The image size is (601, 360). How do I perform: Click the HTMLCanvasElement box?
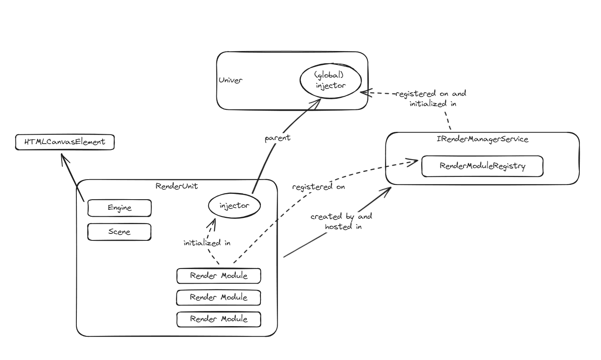[x=65, y=142]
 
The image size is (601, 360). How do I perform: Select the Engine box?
[x=119, y=208]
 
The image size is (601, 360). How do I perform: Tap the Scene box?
[x=119, y=232]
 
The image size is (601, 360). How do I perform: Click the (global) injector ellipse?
[x=330, y=80]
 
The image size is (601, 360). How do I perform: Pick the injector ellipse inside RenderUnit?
[x=234, y=206]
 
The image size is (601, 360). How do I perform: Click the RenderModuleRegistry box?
[x=482, y=166]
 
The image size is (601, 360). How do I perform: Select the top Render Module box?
[x=218, y=276]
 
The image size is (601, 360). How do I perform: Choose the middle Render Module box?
[x=218, y=298]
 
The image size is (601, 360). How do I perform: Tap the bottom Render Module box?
[x=218, y=319]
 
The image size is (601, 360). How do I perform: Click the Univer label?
[x=230, y=80]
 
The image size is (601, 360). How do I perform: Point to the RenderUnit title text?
[x=176, y=186]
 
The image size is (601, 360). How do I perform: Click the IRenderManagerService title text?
[x=482, y=139]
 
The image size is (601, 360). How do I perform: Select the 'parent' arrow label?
[x=277, y=138]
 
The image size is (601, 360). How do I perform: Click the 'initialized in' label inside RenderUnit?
[x=207, y=243]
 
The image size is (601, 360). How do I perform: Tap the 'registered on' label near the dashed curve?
[x=318, y=187]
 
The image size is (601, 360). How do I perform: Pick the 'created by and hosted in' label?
[x=342, y=221]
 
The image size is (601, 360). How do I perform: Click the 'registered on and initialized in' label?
[x=432, y=98]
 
